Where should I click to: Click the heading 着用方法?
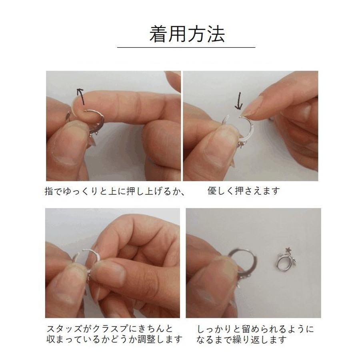pyautogui.click(x=187, y=34)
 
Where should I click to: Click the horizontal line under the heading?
pyautogui.click(x=186, y=47)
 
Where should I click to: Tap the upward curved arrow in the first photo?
pyautogui.click(x=80, y=96)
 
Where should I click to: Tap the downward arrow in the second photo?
pyautogui.click(x=239, y=101)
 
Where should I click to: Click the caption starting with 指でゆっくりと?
pyautogui.click(x=115, y=191)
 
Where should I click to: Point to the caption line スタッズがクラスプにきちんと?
pyautogui.click(x=110, y=329)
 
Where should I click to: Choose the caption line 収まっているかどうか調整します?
pyautogui.click(x=114, y=339)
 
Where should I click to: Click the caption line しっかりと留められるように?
pyautogui.click(x=255, y=329)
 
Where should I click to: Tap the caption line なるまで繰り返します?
pyautogui.click(x=242, y=340)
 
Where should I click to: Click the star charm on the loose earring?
pyautogui.click(x=288, y=249)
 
